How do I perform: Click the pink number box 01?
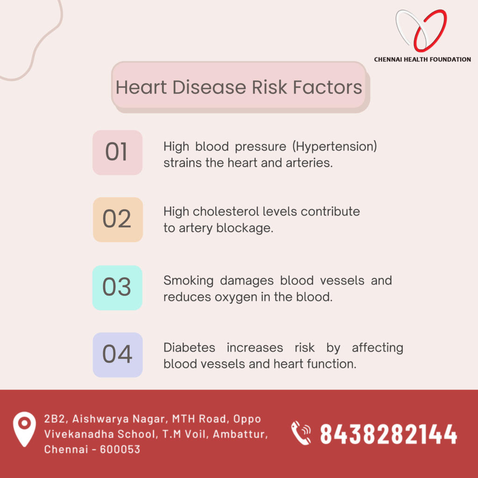point(117,153)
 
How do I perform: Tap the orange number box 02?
point(118,219)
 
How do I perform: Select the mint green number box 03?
point(117,288)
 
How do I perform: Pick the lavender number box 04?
point(118,355)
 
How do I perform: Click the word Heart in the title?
point(141,87)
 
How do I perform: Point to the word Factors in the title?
point(327,87)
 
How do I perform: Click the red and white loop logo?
point(422,30)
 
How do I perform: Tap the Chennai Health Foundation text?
point(422,59)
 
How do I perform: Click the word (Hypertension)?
point(335,146)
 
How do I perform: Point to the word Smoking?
point(189,281)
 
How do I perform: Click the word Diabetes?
point(190,347)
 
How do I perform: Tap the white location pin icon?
point(24,429)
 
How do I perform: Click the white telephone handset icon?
point(301,433)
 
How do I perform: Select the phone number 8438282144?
point(388,434)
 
